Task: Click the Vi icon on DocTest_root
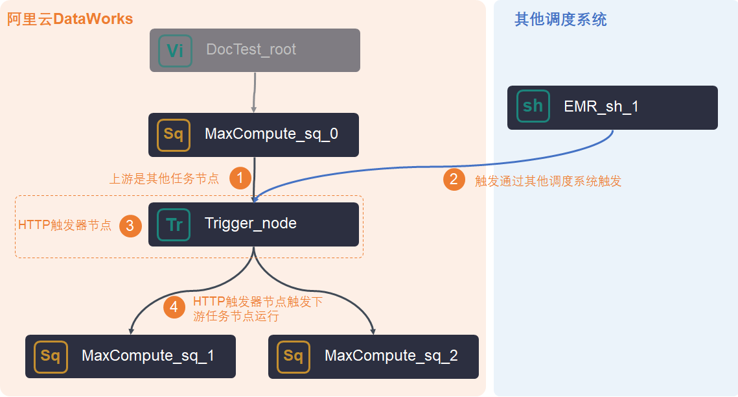tap(175, 51)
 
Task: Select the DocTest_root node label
tap(251, 49)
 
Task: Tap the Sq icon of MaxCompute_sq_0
tap(174, 135)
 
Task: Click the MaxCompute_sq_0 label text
tap(271, 134)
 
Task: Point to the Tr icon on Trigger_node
tap(174, 224)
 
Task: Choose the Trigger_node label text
tap(250, 224)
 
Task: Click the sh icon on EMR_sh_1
tap(533, 106)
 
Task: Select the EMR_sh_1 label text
tap(601, 107)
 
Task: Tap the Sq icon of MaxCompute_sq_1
tap(51, 357)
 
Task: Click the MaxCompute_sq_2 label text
tap(391, 356)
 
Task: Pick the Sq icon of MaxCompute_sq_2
tap(294, 357)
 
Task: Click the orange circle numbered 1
tap(240, 178)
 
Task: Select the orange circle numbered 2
tap(454, 180)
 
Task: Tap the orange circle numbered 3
tap(130, 226)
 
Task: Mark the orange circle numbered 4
tap(174, 307)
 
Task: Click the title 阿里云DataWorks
tap(70, 19)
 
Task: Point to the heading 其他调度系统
tap(560, 19)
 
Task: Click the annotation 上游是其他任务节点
tap(165, 178)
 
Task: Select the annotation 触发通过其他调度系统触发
tap(548, 181)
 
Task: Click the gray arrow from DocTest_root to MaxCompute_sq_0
tap(254, 93)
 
